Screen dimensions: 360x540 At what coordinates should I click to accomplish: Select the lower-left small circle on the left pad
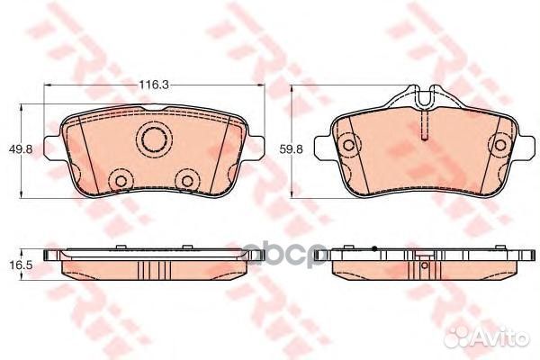coord(118,180)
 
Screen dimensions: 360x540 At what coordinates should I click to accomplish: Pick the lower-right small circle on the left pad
coord(187,180)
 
